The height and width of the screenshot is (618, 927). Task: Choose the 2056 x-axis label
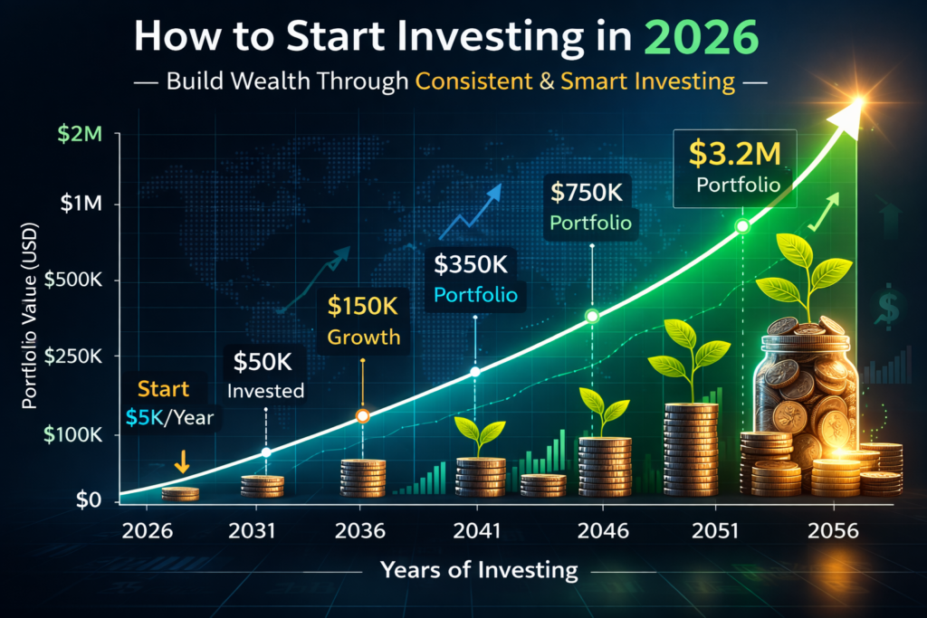point(833,531)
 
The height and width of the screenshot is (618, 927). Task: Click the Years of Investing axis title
point(479,569)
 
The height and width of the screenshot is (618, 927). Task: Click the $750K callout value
point(591,193)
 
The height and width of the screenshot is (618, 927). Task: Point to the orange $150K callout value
point(361,307)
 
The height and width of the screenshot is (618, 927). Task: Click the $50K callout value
point(266,361)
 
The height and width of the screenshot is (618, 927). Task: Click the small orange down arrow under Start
point(182,464)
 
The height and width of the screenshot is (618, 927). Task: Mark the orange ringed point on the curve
point(362,416)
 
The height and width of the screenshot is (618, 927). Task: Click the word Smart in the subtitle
point(594,81)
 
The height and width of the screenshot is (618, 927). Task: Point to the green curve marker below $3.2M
point(742,225)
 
